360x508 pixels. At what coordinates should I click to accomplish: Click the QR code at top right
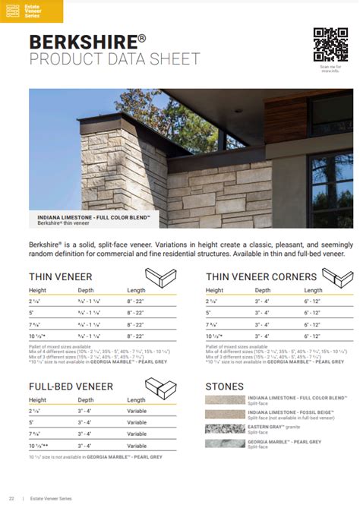[330, 45]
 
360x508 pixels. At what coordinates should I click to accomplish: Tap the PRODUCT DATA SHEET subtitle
[115, 59]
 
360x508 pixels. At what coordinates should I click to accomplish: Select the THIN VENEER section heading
[61, 276]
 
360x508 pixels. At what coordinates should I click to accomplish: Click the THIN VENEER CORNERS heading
[261, 276]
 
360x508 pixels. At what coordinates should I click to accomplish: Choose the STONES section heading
[224, 387]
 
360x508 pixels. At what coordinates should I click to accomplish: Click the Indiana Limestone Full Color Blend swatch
[226, 400]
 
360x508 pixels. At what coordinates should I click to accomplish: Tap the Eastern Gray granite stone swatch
[226, 428]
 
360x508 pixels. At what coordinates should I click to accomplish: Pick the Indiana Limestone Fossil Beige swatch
[226, 414]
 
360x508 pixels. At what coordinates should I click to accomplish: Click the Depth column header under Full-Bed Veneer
[86, 399]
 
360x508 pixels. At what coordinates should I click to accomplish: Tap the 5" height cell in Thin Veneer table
[32, 312]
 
